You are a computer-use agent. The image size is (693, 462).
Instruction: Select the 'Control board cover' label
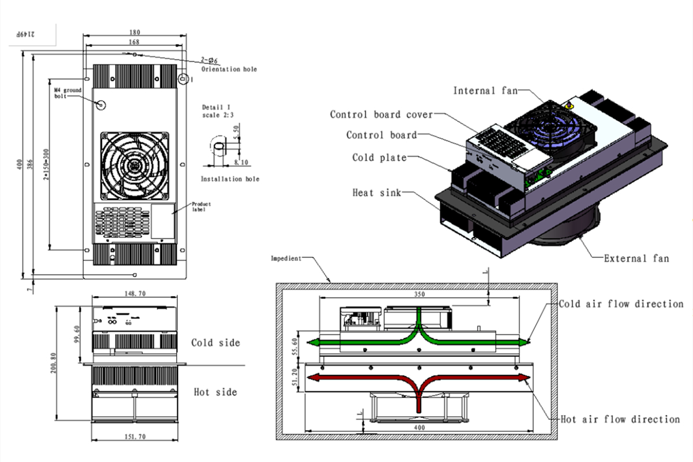(x=381, y=114)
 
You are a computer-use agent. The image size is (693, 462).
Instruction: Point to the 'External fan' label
(x=636, y=258)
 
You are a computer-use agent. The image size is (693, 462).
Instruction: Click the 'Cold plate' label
(x=379, y=157)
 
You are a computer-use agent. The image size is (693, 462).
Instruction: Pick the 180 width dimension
(x=135, y=33)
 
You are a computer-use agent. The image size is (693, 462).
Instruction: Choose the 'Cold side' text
(x=215, y=343)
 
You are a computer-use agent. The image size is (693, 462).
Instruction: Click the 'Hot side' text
(x=215, y=392)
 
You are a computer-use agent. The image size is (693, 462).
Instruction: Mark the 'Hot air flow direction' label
(x=620, y=419)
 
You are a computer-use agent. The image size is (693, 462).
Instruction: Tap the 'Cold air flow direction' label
(x=621, y=304)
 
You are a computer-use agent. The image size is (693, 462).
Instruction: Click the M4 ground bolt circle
(x=100, y=105)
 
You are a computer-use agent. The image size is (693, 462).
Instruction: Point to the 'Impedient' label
(x=286, y=258)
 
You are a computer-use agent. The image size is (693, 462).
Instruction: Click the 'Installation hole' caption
(x=230, y=179)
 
